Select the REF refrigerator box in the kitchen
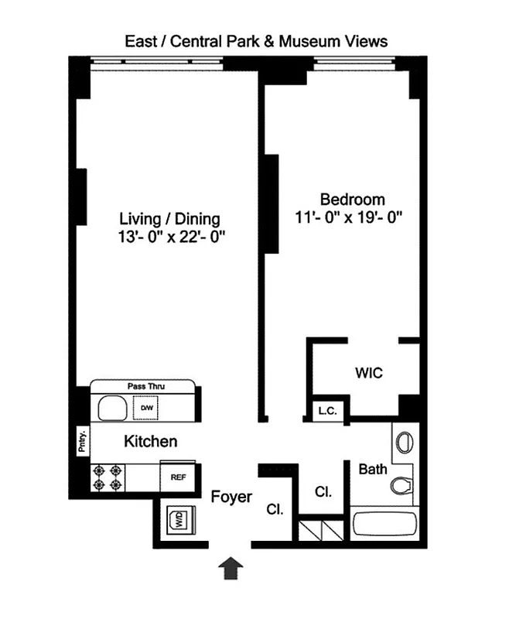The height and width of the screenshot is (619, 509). coord(177,477)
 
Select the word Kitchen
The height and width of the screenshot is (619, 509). coord(151,442)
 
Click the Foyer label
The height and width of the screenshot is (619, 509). coord(231,497)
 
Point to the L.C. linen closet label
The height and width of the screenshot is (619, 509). coord(326,412)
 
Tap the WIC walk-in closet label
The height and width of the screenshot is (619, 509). coord(368,372)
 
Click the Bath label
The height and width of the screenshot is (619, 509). coord(373,468)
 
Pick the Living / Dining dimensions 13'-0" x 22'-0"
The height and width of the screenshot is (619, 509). coord(169,238)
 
